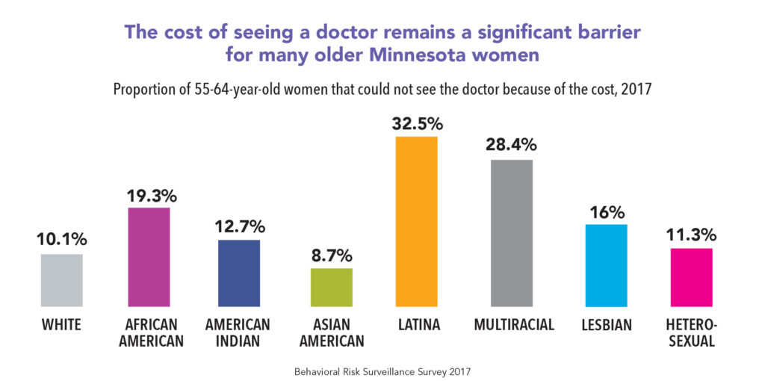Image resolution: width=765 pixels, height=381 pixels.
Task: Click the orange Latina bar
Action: [416, 222]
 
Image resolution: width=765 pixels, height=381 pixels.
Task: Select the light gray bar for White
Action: [61, 281]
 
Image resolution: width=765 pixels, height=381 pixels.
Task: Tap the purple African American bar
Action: [149, 258]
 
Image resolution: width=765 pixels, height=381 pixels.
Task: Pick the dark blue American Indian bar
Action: [239, 273]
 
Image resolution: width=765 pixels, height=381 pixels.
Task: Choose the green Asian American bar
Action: [331, 288]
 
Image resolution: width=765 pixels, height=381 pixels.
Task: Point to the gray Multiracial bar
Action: [512, 234]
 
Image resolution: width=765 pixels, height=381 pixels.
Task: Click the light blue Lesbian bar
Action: [606, 266]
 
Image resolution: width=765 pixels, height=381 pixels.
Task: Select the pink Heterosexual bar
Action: [691, 278]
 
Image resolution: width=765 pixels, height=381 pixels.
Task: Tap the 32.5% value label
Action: [416, 123]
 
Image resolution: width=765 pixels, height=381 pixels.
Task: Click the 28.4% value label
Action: [512, 146]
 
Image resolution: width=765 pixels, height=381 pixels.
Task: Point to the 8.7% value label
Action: [331, 255]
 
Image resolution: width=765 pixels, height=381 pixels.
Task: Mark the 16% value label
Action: [606, 211]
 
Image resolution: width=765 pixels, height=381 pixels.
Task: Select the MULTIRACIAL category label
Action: [514, 325]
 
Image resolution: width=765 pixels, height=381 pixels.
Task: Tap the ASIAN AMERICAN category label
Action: [331, 333]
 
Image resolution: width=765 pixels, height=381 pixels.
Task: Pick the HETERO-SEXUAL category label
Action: [692, 333]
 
